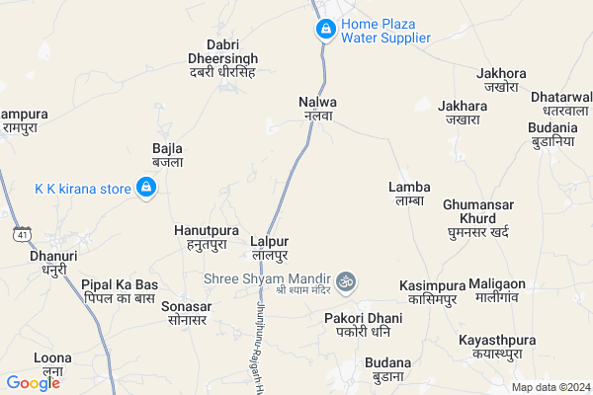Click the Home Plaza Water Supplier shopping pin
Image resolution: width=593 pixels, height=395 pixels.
[x=325, y=31]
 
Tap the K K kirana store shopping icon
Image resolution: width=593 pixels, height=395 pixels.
[x=146, y=188]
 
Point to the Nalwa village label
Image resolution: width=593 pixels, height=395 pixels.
[x=317, y=108]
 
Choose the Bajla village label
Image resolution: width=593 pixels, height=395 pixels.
[x=167, y=155]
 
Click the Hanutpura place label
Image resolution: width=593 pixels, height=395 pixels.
[x=201, y=236]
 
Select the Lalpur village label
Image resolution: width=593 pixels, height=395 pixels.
[x=269, y=248]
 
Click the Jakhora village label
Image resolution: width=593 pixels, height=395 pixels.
[x=495, y=79]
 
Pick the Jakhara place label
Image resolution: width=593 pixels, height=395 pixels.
[x=463, y=113]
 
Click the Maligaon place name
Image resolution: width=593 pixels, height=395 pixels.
[x=497, y=290]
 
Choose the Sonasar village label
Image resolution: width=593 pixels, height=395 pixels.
[x=185, y=313]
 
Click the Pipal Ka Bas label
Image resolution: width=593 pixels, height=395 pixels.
[x=120, y=291]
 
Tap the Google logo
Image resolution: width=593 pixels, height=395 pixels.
[x=34, y=383]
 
